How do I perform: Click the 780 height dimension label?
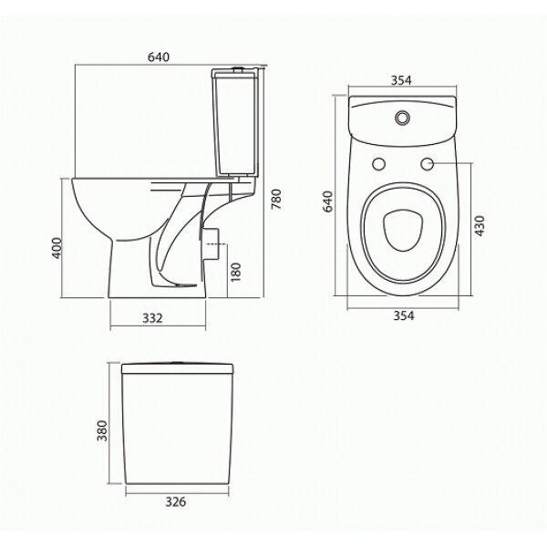(276, 199)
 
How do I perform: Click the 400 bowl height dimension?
(57, 248)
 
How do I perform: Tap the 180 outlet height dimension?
(236, 272)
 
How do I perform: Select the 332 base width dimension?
(153, 318)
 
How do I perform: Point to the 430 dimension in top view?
(480, 226)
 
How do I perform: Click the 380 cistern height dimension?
(102, 430)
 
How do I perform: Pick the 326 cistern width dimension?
(176, 501)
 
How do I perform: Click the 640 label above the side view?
(159, 57)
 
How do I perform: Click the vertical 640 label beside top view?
(328, 201)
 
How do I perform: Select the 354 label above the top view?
(401, 80)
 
